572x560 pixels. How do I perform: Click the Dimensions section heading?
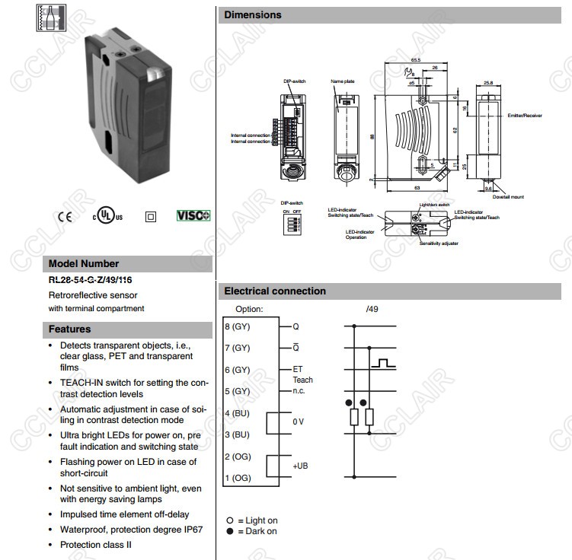click(x=252, y=15)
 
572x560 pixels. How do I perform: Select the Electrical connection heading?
click(x=275, y=291)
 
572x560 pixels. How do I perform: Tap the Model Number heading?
click(x=84, y=264)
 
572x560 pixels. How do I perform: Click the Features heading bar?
click(x=69, y=329)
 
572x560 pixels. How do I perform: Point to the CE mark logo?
click(x=65, y=216)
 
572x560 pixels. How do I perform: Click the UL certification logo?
click(x=107, y=215)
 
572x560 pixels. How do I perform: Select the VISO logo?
click(x=193, y=216)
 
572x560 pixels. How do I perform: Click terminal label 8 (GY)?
click(x=238, y=326)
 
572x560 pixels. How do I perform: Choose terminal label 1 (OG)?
click(x=238, y=478)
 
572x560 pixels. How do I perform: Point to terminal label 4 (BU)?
click(x=238, y=413)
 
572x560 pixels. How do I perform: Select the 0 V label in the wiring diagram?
click(x=299, y=422)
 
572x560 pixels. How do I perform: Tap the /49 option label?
click(x=372, y=309)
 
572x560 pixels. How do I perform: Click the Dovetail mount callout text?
click(x=507, y=196)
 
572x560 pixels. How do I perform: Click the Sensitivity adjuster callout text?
click(x=439, y=243)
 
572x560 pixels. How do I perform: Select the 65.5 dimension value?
click(x=415, y=59)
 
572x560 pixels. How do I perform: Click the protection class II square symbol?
click(x=150, y=216)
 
